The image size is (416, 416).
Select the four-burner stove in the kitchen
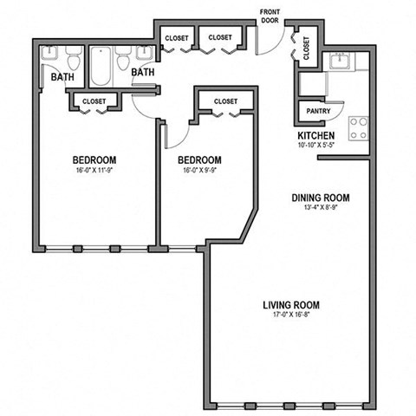coord(357,128)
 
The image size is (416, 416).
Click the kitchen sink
coord(338,62)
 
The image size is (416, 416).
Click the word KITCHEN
coord(315,136)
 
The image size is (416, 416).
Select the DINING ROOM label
coord(320,198)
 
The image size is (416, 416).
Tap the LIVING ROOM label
coord(291,305)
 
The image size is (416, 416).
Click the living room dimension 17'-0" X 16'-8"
coord(291,315)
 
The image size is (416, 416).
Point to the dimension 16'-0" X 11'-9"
coord(94,171)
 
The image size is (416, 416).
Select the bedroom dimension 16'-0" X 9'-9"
coord(199,171)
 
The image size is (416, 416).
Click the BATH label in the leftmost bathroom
coord(62,77)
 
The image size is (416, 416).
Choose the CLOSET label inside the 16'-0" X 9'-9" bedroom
coord(224,101)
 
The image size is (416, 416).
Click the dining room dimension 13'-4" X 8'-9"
coord(320,208)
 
